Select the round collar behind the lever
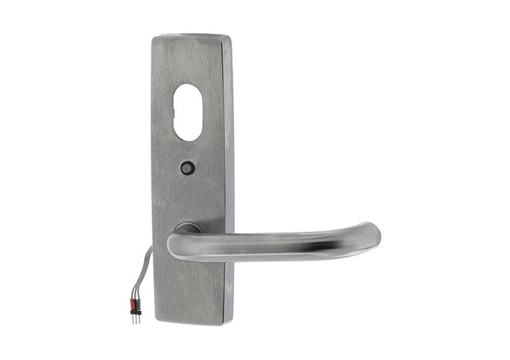(x=187, y=227)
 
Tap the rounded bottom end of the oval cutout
(x=187, y=138)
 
